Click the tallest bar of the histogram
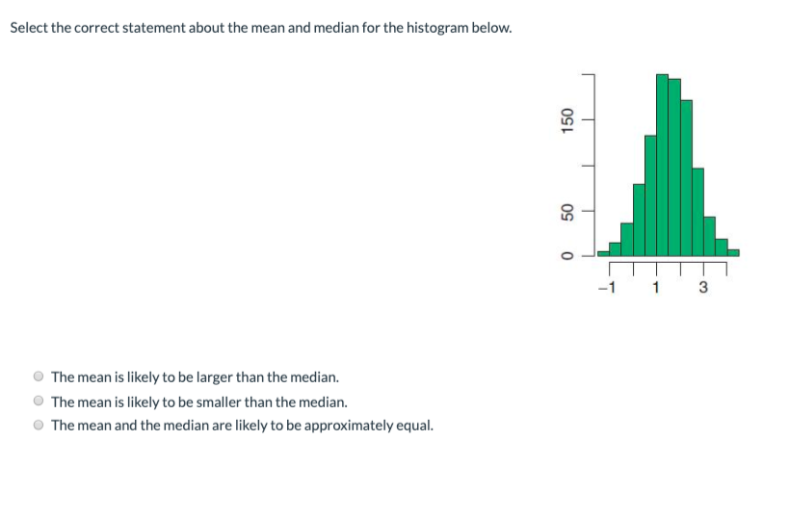coord(662,164)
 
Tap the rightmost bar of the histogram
coord(733,252)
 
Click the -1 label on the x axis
coord(606,286)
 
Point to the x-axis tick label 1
coord(656,286)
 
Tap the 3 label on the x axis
coord(702,286)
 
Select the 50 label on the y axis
coord(567,211)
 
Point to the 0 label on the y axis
coord(567,255)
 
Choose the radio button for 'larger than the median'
coord(39,376)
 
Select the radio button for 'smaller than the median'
coord(39,401)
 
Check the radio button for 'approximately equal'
coord(39,425)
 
